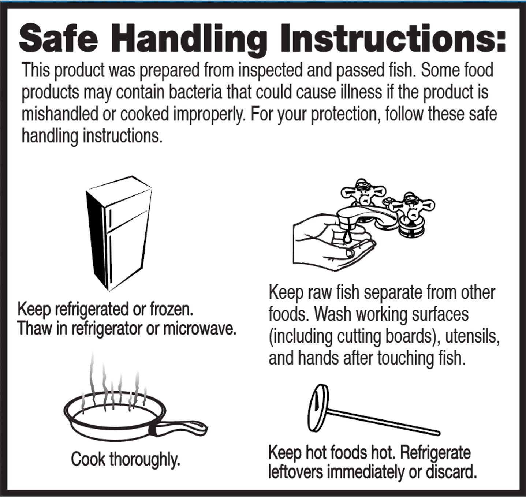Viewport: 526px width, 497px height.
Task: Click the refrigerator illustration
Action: (x=119, y=233)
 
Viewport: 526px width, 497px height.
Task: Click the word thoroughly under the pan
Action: (x=145, y=460)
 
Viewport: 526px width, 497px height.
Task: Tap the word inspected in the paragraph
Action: (x=270, y=71)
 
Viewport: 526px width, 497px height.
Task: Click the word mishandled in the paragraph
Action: (x=60, y=114)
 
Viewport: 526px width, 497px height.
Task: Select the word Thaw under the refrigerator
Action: (x=35, y=328)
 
